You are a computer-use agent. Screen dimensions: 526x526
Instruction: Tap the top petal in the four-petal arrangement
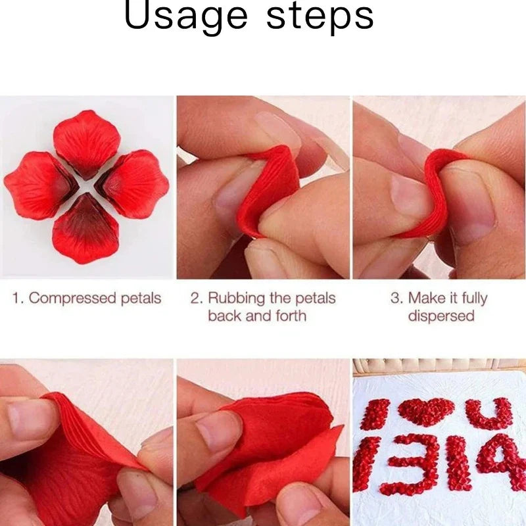(x=86, y=143)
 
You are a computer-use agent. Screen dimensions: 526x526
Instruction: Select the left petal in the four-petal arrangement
(x=40, y=185)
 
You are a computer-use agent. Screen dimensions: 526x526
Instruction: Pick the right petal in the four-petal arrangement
(x=133, y=184)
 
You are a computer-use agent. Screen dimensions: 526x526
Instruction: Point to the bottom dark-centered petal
(x=86, y=229)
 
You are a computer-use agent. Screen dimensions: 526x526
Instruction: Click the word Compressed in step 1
(x=73, y=299)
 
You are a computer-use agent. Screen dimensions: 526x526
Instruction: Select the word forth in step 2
(x=291, y=316)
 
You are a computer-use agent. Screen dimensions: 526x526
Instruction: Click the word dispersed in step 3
(x=441, y=316)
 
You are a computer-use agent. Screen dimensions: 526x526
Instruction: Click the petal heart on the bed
(x=426, y=412)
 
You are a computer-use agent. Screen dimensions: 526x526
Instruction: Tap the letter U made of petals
(x=490, y=414)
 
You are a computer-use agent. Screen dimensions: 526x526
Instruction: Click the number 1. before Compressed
(x=18, y=299)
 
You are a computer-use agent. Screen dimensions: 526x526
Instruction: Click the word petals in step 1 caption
(x=141, y=299)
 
